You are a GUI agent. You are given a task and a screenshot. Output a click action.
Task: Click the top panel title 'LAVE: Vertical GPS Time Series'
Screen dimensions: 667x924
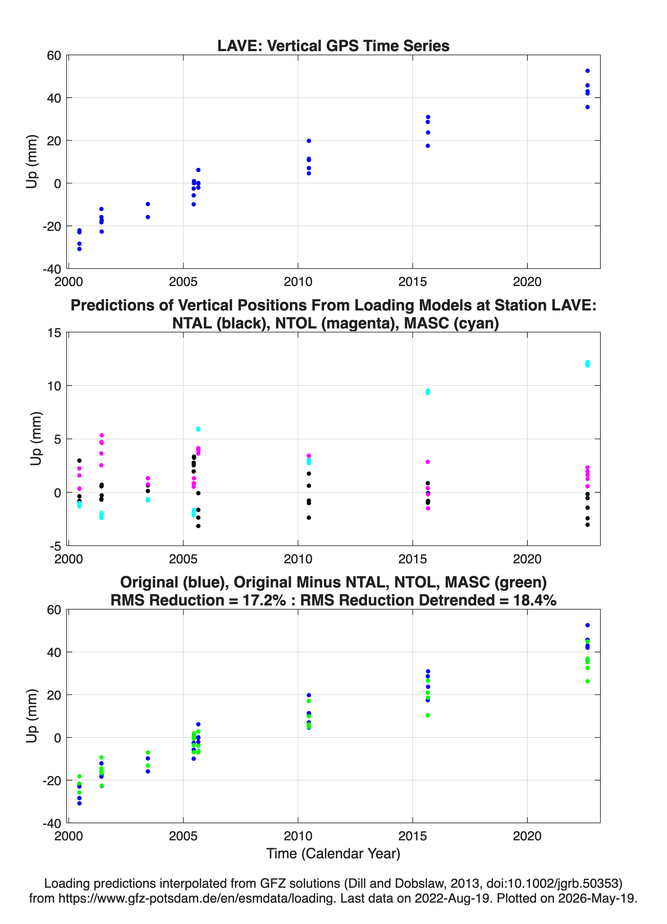tap(333, 46)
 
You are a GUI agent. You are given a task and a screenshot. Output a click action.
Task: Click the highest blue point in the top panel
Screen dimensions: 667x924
tap(587, 71)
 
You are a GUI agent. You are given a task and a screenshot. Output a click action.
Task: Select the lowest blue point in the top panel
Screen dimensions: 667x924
tap(79, 249)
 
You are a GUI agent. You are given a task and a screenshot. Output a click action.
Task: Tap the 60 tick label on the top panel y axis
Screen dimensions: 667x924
tap(54, 55)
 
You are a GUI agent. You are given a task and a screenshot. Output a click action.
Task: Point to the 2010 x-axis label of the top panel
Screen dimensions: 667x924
tap(298, 282)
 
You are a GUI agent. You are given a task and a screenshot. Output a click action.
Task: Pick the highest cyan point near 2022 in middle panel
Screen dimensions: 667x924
tap(587, 362)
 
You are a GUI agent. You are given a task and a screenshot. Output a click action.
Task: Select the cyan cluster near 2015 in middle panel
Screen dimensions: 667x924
tap(428, 392)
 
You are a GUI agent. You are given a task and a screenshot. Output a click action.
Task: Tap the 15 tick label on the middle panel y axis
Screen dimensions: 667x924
tap(54, 332)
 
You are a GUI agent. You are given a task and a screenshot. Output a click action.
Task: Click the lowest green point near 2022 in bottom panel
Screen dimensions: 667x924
tap(587, 681)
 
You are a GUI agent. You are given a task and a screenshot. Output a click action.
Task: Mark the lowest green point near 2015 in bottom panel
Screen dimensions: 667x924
tap(428, 715)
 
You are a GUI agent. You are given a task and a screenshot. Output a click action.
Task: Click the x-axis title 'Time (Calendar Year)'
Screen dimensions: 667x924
tap(333, 853)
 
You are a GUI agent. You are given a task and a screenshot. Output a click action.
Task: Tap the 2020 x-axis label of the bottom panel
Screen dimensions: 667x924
tap(527, 836)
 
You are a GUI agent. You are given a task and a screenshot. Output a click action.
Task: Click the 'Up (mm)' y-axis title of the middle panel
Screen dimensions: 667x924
tap(36, 438)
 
